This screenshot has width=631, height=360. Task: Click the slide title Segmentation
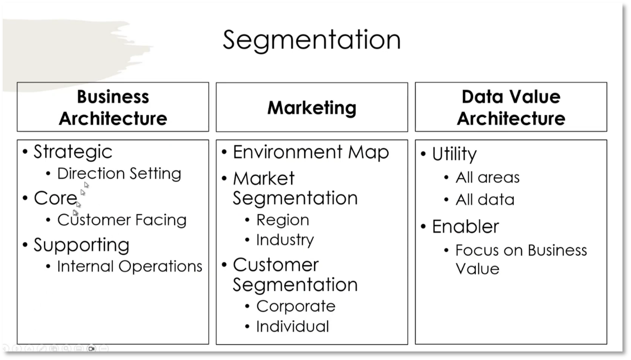(x=311, y=40)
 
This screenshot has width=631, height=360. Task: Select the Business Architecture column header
(x=113, y=107)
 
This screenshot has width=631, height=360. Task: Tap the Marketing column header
(x=311, y=108)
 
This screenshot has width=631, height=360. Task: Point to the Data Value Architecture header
(x=511, y=107)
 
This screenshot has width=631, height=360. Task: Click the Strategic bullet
(x=73, y=151)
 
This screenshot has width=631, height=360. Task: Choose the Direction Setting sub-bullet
(x=119, y=173)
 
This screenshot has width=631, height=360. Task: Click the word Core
(x=55, y=198)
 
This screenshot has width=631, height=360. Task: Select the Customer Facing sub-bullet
(x=122, y=220)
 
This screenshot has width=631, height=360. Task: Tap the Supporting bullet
(x=81, y=245)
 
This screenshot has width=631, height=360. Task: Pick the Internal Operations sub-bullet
(x=129, y=266)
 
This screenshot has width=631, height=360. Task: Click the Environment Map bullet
(x=311, y=152)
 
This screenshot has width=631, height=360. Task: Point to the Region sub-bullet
(x=283, y=220)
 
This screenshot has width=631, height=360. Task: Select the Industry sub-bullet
(x=285, y=240)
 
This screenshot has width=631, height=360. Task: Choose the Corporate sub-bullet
(x=296, y=306)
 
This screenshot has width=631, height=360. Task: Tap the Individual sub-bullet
(x=293, y=326)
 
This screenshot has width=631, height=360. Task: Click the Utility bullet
(x=454, y=154)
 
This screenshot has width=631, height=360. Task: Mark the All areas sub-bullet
(x=487, y=178)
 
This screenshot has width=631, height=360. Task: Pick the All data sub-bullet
(x=484, y=200)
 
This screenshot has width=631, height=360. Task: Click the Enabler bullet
(x=465, y=227)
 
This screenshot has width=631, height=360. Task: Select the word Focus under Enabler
(x=472, y=250)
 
